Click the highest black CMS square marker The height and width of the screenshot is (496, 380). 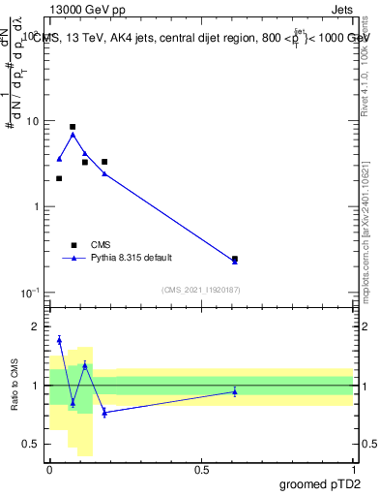tap(73, 127)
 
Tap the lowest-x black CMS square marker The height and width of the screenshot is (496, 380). tap(59, 178)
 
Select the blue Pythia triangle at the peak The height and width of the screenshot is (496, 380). tap(73, 135)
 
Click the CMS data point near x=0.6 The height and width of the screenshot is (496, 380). tap(235, 259)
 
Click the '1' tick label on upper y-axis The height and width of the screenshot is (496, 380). tap(38, 207)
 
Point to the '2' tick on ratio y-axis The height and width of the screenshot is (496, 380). tap(38, 326)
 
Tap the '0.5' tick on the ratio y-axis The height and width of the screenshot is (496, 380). tap(34, 444)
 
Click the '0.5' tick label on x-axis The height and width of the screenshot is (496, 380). tap(201, 469)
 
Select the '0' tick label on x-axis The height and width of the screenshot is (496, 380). tap(49, 469)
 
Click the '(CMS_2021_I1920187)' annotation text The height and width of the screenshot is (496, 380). tap(201, 290)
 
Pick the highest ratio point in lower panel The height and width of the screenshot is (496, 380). tap(59, 339)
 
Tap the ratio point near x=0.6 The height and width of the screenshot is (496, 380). tap(235, 391)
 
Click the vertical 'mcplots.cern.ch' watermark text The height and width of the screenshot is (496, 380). tap(368, 252)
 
